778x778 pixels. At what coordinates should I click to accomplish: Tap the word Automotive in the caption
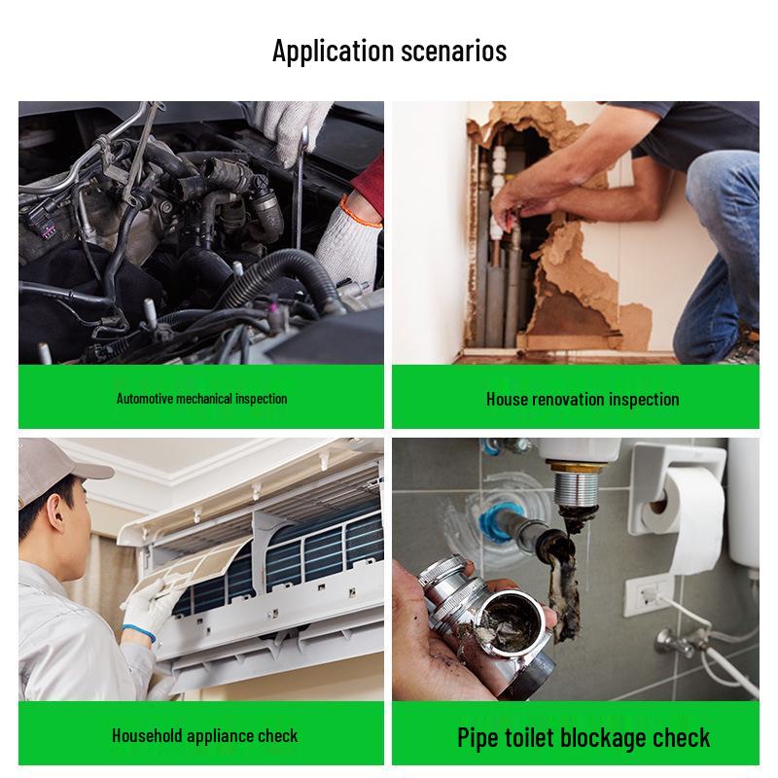[x=146, y=399]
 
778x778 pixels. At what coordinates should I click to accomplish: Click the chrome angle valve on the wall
[x=671, y=642]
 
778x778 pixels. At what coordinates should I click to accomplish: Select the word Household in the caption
[x=147, y=735]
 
